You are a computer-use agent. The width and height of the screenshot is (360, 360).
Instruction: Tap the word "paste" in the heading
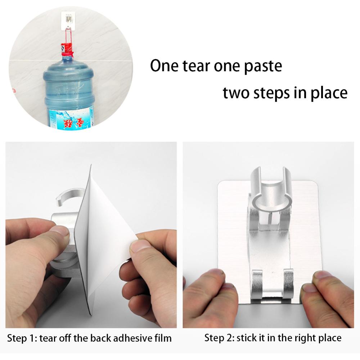(x=262, y=67)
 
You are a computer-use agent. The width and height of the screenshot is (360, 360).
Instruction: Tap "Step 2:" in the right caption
(x=218, y=338)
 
